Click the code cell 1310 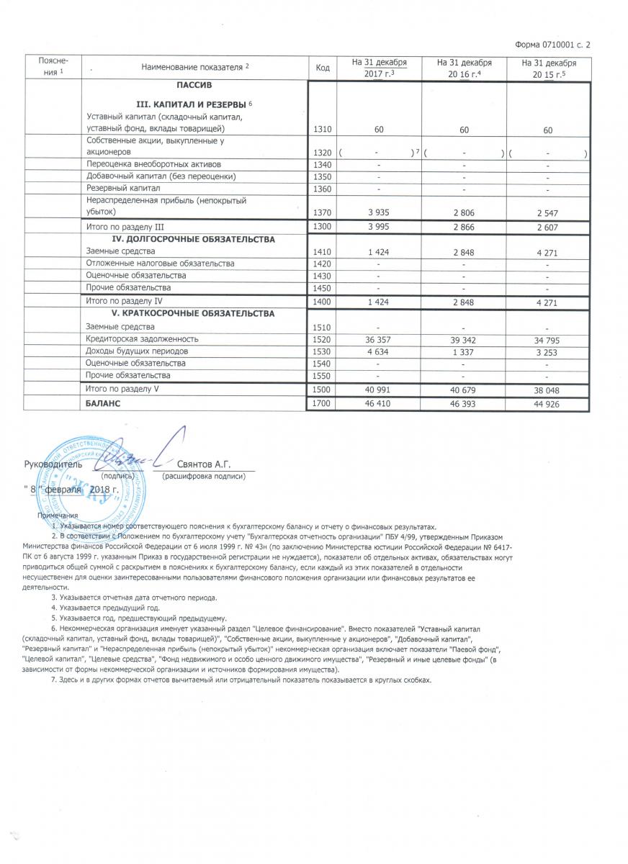tap(323, 130)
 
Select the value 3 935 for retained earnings tap(379, 213)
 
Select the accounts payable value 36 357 tap(379, 339)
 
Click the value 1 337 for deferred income tap(464, 351)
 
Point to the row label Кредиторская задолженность tap(141, 339)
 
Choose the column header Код tap(323, 68)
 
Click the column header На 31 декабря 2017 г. tap(379, 68)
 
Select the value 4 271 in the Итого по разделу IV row tap(548, 302)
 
